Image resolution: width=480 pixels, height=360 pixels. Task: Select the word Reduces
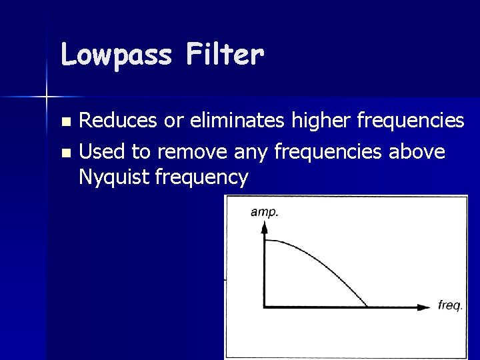coord(113,121)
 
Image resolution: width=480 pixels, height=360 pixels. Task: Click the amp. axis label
coord(265,212)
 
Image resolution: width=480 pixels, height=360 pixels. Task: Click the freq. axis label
coord(450,306)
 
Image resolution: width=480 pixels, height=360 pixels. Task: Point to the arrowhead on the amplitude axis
coord(265,227)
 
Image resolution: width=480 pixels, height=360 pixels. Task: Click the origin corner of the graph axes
coord(265,307)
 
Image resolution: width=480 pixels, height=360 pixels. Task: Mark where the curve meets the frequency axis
coord(367,307)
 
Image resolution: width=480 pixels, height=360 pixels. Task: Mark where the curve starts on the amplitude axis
coord(265,241)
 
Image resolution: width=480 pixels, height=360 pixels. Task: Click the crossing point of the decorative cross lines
coord(47,97)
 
